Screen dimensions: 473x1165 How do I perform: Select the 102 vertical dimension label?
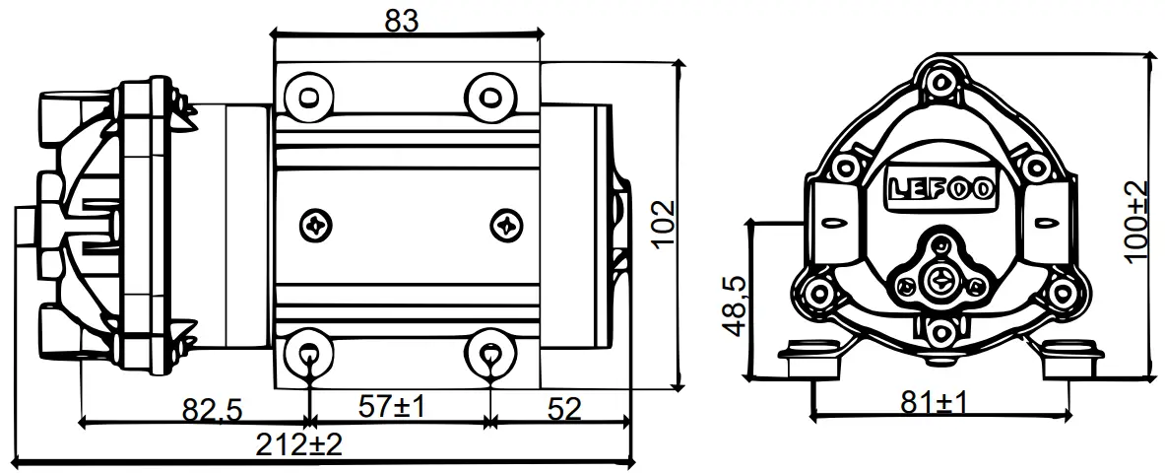click(x=661, y=226)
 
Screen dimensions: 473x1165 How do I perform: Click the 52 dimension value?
click(x=565, y=407)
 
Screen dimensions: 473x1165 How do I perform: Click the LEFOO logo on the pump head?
click(x=940, y=187)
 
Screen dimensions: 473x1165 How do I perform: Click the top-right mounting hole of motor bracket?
click(x=488, y=96)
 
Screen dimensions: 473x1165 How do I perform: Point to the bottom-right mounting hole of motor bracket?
click(x=488, y=351)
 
